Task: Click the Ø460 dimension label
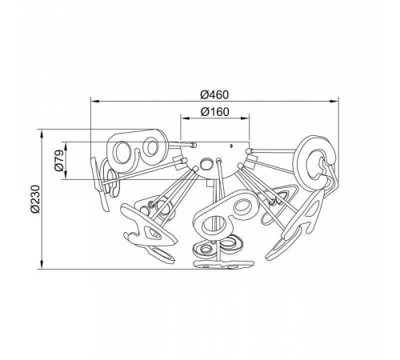coord(214,94)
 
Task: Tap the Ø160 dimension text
coord(214,112)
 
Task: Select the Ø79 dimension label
coord(59,160)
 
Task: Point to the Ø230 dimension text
coord(35,199)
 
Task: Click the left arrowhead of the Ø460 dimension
coord(95,102)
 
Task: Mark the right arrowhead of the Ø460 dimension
coord(334,102)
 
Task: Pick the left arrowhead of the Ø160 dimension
coord(185,118)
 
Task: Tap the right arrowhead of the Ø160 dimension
coord(245,118)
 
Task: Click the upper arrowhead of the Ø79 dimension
coord(66,146)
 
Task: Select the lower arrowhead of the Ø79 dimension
coord(66,175)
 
